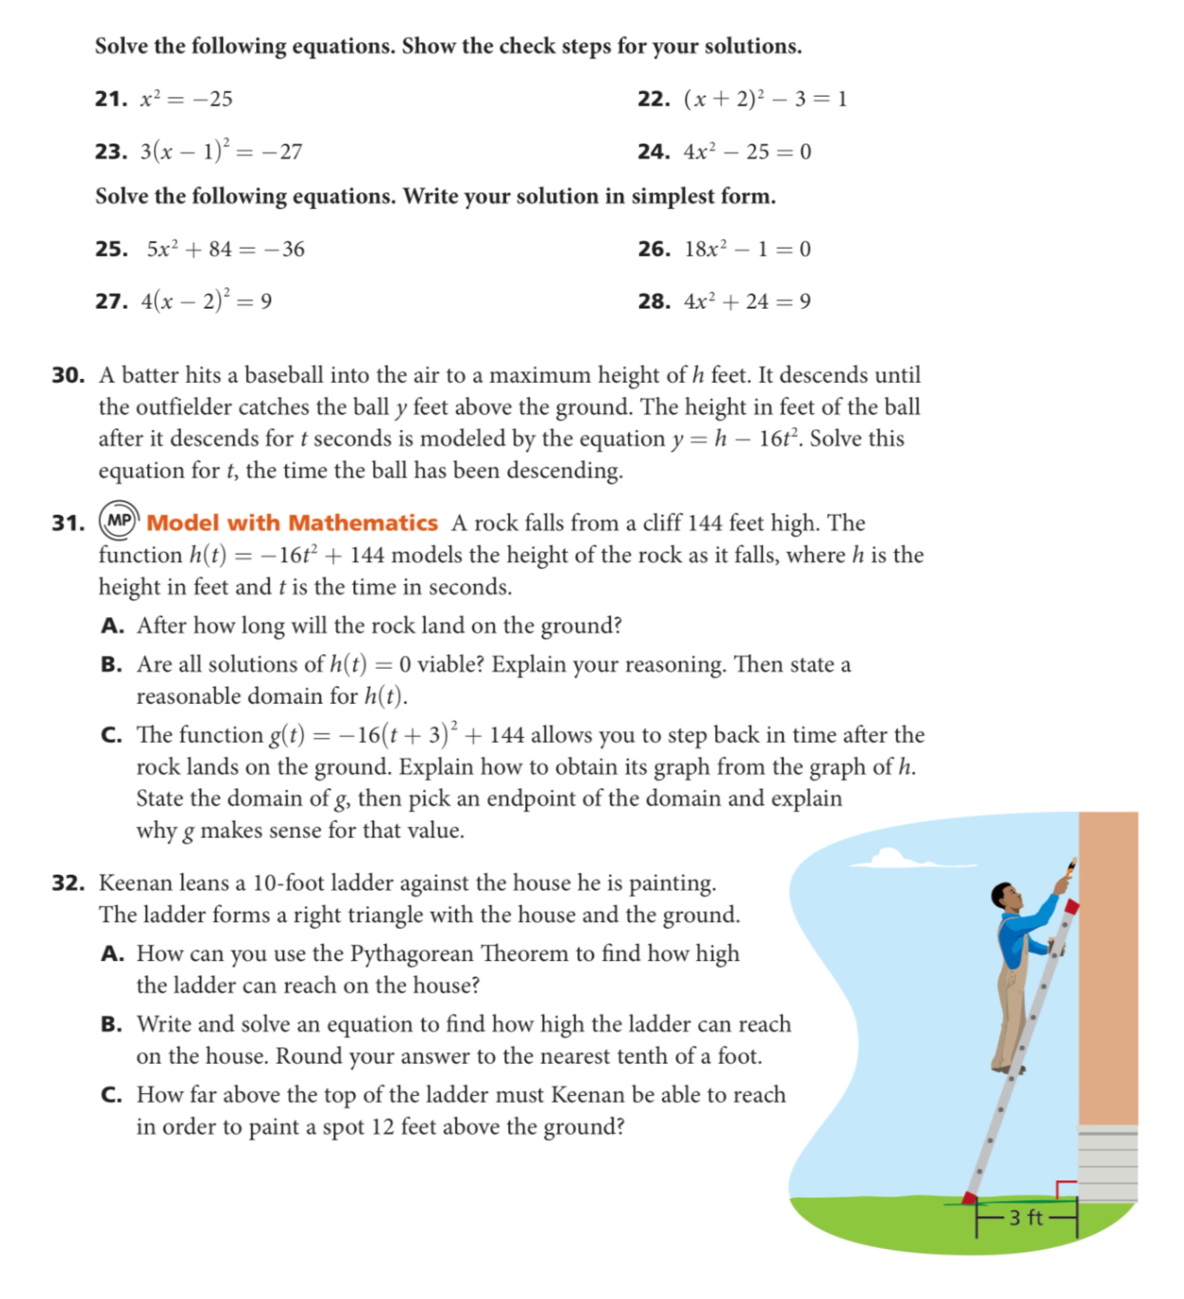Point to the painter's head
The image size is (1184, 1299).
1005,896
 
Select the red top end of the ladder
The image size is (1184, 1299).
1071,907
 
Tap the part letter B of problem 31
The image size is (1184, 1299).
111,664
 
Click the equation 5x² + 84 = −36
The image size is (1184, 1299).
225,249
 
